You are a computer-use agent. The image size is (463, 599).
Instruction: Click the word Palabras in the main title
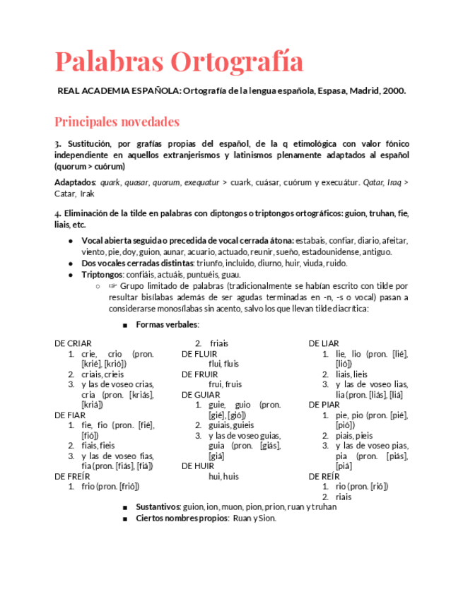108,62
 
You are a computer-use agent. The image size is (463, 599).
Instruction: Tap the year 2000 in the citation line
393,91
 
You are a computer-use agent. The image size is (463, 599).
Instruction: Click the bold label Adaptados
75,182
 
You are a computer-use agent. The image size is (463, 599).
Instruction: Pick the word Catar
65,194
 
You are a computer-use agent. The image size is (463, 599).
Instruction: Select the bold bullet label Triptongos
102,275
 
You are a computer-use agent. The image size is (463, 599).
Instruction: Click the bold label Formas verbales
167,325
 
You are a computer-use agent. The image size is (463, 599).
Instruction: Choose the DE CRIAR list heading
73,343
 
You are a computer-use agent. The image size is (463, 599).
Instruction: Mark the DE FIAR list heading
70,415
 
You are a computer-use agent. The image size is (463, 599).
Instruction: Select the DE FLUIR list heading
199,353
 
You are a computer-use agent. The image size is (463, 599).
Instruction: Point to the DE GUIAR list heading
200,394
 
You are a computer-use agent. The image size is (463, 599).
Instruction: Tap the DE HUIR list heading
198,465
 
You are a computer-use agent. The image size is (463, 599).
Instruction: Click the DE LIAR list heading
324,343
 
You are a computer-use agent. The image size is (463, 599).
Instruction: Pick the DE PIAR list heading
324,405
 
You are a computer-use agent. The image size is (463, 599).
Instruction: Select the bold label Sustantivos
158,507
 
